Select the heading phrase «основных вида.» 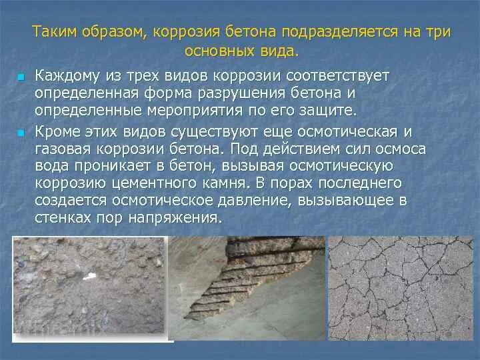click(x=241, y=51)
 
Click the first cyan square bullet click(x=20, y=78)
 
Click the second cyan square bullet click(x=20, y=133)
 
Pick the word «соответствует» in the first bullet click(x=339, y=75)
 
